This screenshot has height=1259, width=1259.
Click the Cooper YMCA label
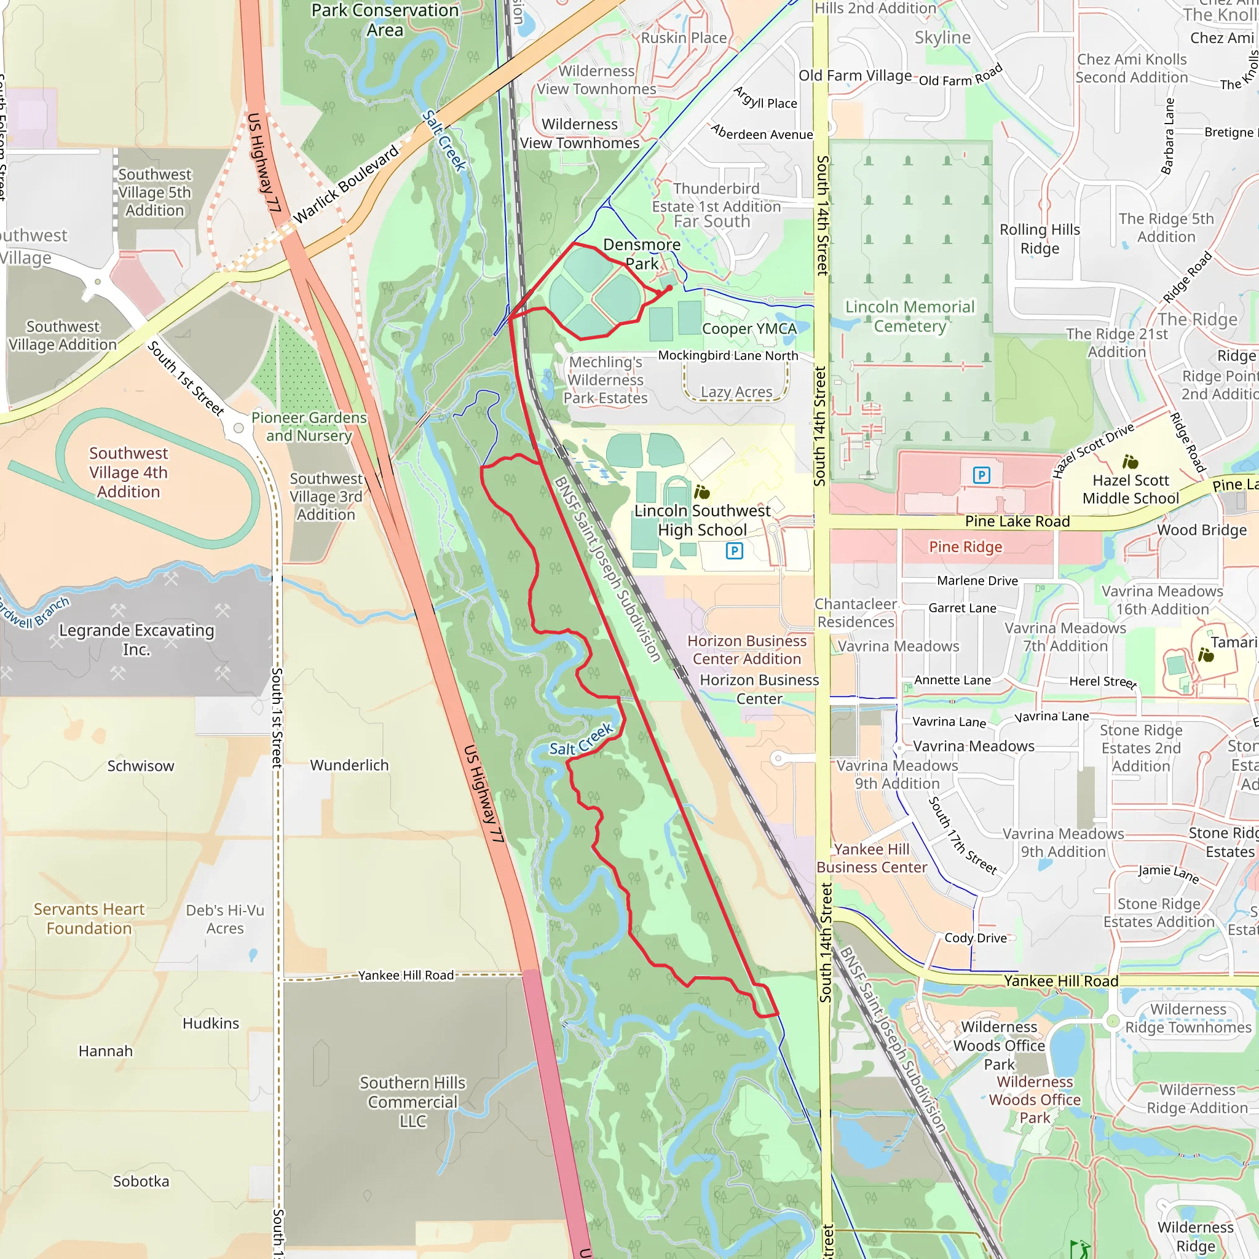749,328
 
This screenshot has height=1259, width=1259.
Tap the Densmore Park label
641,254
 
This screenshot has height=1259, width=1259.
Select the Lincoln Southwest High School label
702,520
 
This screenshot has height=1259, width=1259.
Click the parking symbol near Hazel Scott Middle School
981,475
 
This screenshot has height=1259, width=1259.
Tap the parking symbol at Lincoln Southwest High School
734,551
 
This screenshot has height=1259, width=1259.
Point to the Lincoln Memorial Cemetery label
910,316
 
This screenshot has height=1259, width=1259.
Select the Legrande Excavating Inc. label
136,639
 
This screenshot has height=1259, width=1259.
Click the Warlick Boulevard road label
346,184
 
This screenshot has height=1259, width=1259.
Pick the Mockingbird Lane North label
727,355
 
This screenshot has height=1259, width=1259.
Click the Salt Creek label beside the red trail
580,740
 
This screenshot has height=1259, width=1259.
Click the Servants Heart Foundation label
89,918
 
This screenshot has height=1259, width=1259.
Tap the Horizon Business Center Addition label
746,650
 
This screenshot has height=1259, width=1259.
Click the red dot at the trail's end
669,287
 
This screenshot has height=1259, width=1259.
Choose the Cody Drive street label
975,937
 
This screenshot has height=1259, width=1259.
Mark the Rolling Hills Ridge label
1040,239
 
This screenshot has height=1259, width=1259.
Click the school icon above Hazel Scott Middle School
1130,462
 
